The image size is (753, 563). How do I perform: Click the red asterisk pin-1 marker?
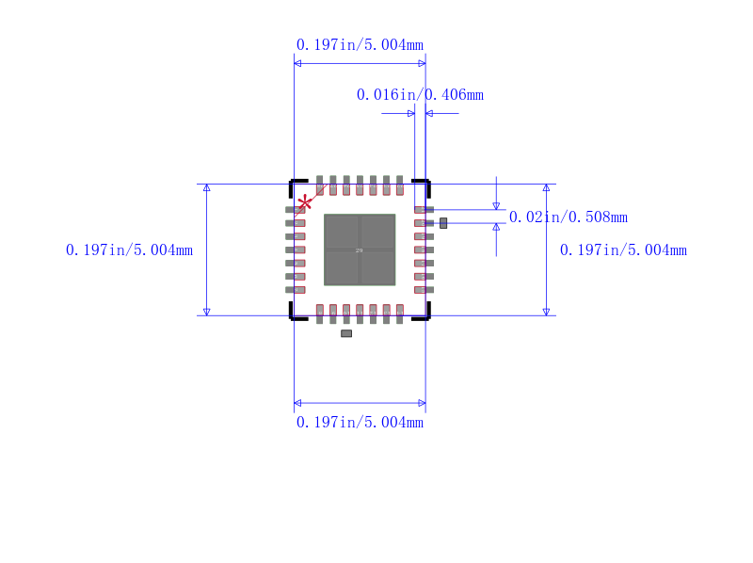click(305, 202)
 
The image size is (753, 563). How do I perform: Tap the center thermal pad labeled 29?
click(360, 249)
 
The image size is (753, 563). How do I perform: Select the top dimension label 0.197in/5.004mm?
click(360, 44)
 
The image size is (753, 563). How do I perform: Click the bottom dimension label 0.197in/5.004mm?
click(360, 423)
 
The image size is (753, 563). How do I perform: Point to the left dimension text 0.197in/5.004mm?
click(129, 249)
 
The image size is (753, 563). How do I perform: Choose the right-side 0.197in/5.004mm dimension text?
click(623, 249)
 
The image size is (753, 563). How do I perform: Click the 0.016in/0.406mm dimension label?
click(420, 94)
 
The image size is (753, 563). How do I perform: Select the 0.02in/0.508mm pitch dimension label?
click(568, 217)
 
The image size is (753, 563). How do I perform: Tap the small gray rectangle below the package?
click(346, 333)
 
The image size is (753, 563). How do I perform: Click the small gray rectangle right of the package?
click(443, 222)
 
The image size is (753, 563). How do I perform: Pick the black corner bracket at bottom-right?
click(424, 314)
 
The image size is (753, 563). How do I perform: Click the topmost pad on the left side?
click(296, 209)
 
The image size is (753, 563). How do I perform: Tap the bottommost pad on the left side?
click(296, 290)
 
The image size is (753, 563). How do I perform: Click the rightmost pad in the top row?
click(400, 185)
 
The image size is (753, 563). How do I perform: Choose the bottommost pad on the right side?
click(424, 290)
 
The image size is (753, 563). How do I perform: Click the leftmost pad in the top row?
click(320, 185)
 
